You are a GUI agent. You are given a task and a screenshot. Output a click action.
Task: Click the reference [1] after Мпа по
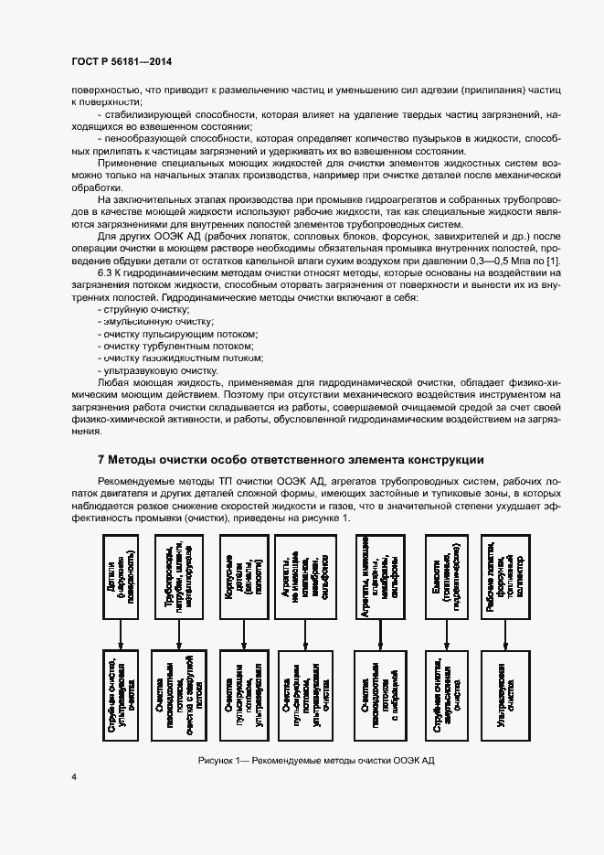click(x=552, y=263)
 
